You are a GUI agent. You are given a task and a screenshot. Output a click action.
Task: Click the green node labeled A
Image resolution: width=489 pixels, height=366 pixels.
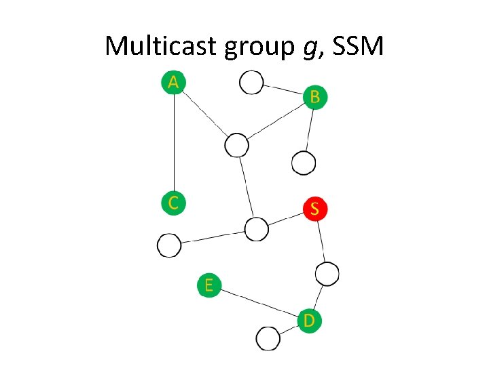(x=174, y=82)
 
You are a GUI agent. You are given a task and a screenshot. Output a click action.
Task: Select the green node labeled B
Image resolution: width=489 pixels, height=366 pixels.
(x=314, y=96)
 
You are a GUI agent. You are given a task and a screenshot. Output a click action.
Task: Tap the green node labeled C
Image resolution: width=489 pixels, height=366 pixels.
(x=174, y=202)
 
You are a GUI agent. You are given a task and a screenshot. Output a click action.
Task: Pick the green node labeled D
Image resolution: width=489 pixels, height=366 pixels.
(x=309, y=319)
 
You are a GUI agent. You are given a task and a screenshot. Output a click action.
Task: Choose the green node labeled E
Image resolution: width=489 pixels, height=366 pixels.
(x=209, y=285)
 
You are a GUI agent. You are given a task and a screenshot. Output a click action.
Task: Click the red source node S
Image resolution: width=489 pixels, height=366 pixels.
(x=314, y=208)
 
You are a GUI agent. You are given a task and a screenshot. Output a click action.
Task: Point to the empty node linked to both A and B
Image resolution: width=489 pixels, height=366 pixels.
(x=236, y=144)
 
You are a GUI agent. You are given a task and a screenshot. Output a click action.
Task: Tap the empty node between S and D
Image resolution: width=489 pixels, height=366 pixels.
(x=327, y=273)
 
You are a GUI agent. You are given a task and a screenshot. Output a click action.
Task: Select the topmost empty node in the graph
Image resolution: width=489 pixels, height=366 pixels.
(x=251, y=83)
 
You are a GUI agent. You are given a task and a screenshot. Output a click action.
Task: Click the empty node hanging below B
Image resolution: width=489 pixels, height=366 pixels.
(x=304, y=163)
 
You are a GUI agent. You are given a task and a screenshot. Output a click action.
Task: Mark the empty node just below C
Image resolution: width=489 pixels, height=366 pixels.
(x=169, y=245)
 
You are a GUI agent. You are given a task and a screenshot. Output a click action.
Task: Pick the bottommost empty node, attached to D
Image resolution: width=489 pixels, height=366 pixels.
(x=268, y=338)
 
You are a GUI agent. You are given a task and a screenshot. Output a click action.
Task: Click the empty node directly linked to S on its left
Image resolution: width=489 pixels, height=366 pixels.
(x=257, y=229)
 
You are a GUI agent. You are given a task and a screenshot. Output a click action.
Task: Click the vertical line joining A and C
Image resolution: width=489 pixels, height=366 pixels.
(x=175, y=142)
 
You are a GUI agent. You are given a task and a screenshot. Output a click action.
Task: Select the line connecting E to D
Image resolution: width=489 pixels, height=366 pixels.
(x=259, y=302)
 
